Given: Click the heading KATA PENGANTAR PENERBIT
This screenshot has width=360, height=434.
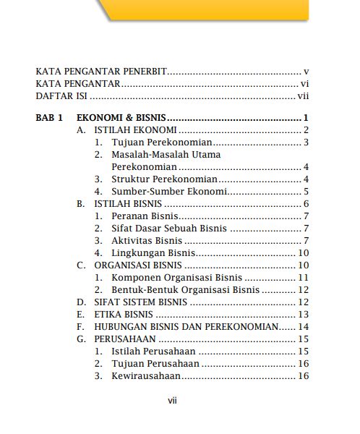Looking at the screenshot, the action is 101,72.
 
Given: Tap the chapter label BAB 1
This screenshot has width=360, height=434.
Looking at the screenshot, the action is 50,117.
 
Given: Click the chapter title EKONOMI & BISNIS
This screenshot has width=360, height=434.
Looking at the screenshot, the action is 121,117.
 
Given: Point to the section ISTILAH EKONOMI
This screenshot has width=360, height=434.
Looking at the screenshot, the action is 136,130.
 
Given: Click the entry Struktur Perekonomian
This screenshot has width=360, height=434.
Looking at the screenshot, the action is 164,179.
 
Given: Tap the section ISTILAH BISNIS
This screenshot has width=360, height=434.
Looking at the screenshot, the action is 128,204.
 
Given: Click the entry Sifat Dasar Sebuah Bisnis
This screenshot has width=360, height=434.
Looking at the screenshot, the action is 169,229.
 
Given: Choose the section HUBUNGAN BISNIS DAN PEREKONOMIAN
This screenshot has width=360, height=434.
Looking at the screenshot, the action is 186,327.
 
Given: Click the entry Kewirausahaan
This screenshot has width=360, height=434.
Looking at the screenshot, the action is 145,376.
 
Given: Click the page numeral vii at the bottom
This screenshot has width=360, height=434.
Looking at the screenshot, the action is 172,400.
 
